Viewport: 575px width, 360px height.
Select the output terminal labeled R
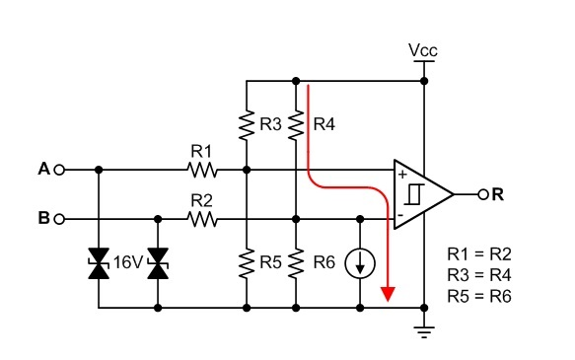point(482,194)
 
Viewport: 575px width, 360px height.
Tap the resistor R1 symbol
point(202,170)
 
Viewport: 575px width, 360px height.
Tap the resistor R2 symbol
point(202,219)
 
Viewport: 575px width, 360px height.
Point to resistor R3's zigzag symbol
point(246,125)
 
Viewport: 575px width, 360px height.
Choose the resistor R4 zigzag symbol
point(295,125)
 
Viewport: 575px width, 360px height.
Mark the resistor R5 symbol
point(246,263)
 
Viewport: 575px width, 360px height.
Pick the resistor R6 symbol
point(295,263)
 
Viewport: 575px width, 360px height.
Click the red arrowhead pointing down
point(389,293)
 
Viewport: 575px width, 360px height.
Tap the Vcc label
point(422,49)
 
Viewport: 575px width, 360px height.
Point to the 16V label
point(127,263)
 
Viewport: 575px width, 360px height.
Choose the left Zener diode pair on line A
point(98,263)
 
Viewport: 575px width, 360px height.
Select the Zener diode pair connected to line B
point(158,263)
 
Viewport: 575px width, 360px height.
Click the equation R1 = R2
point(479,253)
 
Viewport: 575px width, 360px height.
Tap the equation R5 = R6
point(479,295)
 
